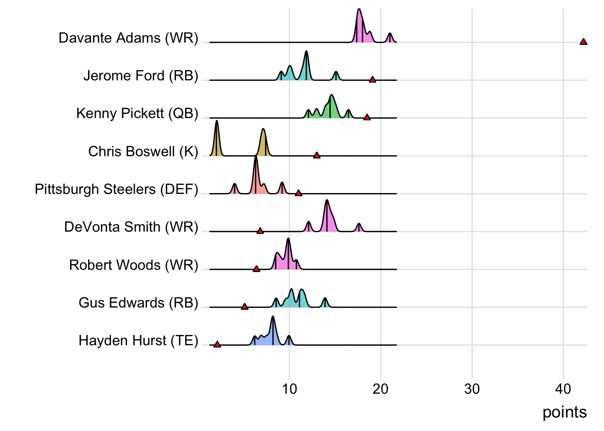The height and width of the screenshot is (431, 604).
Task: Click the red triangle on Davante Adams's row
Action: pyautogui.click(x=583, y=42)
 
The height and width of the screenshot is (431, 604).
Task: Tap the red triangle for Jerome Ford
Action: pyautogui.click(x=373, y=79)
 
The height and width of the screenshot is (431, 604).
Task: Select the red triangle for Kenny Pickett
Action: pyautogui.click(x=367, y=117)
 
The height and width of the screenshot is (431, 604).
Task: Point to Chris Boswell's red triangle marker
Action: pyautogui.click(x=317, y=155)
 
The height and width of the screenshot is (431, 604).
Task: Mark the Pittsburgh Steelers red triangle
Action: pyautogui.click(x=298, y=193)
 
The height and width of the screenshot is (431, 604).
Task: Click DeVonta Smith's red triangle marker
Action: pyautogui.click(x=260, y=231)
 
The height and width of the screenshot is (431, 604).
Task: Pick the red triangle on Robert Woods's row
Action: pyautogui.click(x=257, y=269)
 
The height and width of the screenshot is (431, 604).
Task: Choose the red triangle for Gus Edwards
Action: pyautogui.click(x=244, y=307)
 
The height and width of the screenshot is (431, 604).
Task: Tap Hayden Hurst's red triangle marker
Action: pyautogui.click(x=217, y=344)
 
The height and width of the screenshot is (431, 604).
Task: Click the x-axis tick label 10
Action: pyautogui.click(x=289, y=389)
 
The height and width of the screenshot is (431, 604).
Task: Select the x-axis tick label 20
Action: pyautogui.click(x=381, y=389)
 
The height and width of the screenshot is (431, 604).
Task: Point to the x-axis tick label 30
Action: pyautogui.click(x=472, y=389)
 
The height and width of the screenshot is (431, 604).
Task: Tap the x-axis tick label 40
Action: pyautogui.click(x=563, y=389)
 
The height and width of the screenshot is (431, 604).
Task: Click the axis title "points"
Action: pyautogui.click(x=564, y=412)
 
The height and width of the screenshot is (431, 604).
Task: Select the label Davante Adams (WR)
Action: pyautogui.click(x=129, y=38)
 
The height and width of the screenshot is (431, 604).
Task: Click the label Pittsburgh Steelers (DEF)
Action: pyautogui.click(x=116, y=189)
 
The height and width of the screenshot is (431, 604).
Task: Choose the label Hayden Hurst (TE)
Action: pyautogui.click(x=138, y=340)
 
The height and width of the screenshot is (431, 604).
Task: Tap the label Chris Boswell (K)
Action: pyautogui.click(x=143, y=151)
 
